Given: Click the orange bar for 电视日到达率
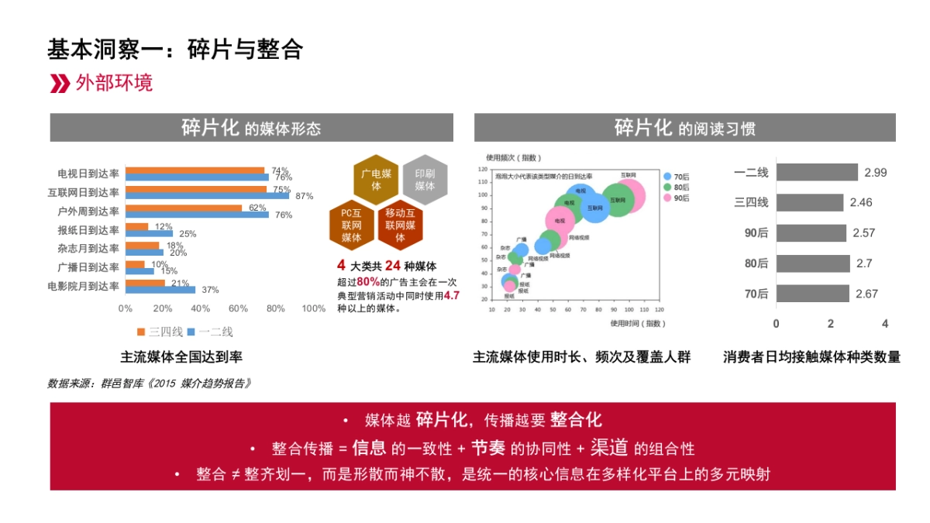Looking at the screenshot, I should click(195, 170).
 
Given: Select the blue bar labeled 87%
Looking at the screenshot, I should click(207, 196).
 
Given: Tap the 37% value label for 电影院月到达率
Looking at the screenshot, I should click(210, 290).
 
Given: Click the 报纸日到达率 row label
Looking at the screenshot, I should click(88, 230).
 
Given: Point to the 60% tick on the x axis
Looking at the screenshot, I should click(238, 308).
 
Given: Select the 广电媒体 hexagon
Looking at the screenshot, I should click(377, 180).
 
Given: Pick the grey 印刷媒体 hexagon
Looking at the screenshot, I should click(425, 180).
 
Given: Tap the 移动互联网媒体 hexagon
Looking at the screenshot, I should click(400, 225).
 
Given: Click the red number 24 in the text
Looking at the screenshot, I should click(392, 265).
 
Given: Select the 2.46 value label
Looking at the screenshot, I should click(861, 202).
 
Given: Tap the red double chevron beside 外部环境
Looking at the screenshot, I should click(60, 84).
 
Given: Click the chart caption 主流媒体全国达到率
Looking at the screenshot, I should click(181, 357).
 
